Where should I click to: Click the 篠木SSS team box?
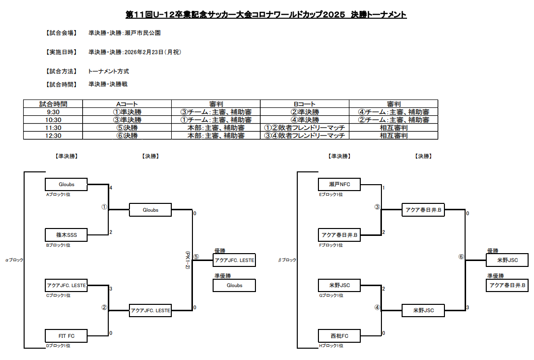point(66,235)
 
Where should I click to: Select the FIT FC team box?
point(66,336)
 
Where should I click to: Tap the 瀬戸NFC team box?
point(339,184)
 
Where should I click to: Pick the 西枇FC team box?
point(339,336)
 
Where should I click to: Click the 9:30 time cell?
point(53,112)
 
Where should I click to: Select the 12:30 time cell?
point(53,136)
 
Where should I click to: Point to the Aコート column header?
point(127,104)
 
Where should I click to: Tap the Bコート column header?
point(305,104)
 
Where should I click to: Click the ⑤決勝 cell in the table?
point(127,128)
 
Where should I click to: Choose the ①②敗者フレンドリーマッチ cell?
point(305,128)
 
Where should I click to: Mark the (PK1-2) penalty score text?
point(188,260)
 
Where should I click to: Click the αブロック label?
point(14,260)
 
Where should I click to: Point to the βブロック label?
point(287,260)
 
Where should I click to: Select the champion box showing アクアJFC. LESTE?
point(234,260)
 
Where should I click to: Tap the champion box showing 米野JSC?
point(507,260)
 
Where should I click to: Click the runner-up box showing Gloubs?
point(234,285)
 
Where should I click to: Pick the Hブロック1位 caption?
point(331,346)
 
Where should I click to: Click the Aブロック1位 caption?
point(58,195)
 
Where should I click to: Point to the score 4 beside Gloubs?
point(111,188)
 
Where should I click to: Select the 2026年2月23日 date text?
point(144,52)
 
